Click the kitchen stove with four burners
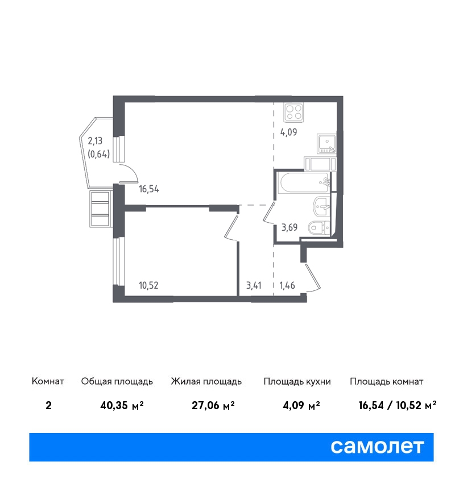tap(294, 112)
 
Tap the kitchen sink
tap(326, 144)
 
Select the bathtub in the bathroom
tap(303, 182)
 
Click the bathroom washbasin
tap(321, 207)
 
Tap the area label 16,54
tap(149, 189)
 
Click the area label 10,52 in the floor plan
tap(148, 285)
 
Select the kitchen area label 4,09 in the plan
tap(288, 132)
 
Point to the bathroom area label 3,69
tap(289, 227)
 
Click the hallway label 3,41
tap(254, 285)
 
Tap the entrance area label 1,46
tap(287, 285)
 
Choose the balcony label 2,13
tap(95, 141)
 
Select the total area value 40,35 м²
tap(122, 405)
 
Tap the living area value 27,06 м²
tap(213, 405)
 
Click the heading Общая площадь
tap(117, 382)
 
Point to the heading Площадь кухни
tap(297, 382)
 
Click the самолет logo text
tap(377, 447)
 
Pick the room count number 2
tap(48, 405)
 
